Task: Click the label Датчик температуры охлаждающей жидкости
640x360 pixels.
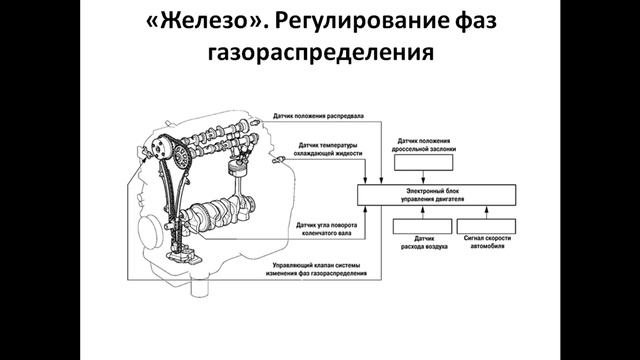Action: coord(324,154)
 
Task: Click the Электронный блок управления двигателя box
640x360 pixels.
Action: coord(438,193)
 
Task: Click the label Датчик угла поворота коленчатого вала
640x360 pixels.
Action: coord(322,231)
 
